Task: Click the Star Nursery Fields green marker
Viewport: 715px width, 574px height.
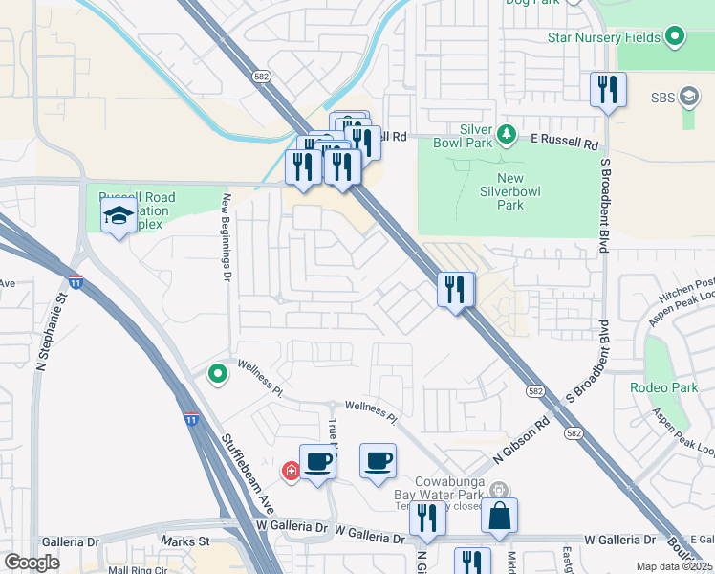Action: [676, 37]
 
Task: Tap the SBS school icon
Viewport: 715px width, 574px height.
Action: [689, 97]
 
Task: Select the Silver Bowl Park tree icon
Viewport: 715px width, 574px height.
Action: [509, 135]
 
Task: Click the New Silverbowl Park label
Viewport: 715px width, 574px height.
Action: [524, 191]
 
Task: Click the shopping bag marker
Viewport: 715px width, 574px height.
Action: [499, 518]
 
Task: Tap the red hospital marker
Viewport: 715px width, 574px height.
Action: [291, 471]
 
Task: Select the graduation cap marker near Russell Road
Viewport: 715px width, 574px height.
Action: [119, 216]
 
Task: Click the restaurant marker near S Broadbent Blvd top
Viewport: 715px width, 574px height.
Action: [608, 91]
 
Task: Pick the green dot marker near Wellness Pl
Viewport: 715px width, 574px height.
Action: [218, 374]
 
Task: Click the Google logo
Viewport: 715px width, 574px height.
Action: [32, 563]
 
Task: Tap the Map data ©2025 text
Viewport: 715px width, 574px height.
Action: [673, 566]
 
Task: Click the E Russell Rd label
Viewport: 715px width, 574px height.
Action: [564, 141]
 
